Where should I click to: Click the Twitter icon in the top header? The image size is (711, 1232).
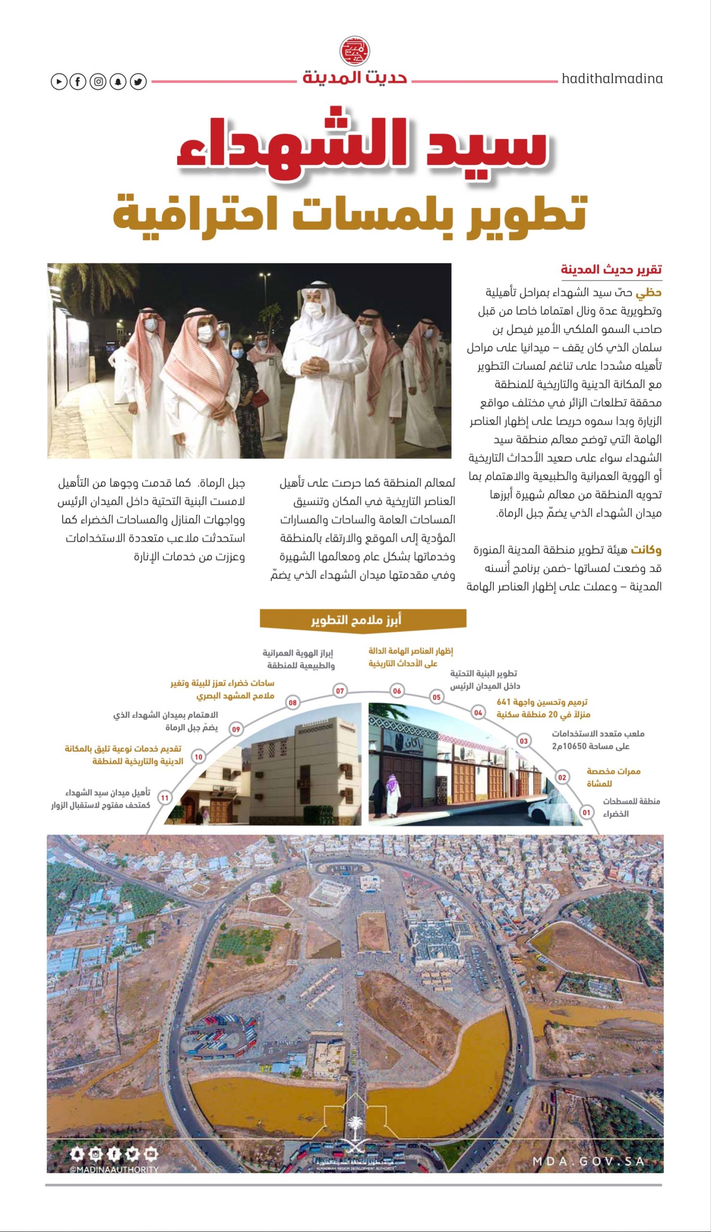click(138, 81)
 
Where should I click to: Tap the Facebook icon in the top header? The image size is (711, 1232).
click(78, 81)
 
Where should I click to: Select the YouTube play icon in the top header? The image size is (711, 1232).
click(59, 81)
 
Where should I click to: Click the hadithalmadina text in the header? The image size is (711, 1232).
click(612, 78)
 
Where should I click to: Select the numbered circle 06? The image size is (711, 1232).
click(397, 691)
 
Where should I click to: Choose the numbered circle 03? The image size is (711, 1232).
click(523, 741)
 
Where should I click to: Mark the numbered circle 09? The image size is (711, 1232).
click(236, 729)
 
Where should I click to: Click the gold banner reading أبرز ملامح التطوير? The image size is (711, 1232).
click(363, 620)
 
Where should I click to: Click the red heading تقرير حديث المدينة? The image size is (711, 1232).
click(611, 269)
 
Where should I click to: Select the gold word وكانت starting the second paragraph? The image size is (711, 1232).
click(646, 551)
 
